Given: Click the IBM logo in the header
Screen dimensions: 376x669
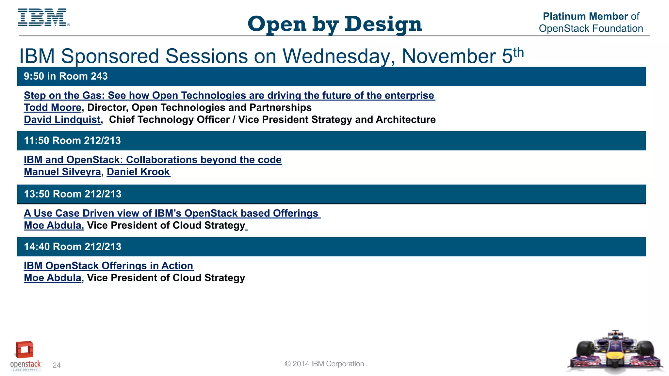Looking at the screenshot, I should coord(43,18).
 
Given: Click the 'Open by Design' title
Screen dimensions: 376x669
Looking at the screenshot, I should coord(334,24).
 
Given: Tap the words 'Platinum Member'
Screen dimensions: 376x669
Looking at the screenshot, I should coord(585,16).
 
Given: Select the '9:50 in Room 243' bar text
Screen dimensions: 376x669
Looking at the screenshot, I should coord(66,76).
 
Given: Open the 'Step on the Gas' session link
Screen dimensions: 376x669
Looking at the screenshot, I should coord(229,95).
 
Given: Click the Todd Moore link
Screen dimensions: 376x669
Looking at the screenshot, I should coord(53,107).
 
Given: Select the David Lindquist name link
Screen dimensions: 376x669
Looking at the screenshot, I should coord(62,119).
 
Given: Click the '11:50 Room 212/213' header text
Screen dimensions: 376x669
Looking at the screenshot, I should coord(72,141).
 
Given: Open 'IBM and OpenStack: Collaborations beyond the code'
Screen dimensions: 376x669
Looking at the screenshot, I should coord(153,160).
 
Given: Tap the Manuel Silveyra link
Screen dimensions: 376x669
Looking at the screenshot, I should coord(62,172).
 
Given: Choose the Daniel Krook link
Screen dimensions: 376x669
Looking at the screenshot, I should coord(138,172).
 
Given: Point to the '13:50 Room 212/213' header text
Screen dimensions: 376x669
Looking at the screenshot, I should coord(73,194).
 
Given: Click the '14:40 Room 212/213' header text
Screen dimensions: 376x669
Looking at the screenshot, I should coord(73,247).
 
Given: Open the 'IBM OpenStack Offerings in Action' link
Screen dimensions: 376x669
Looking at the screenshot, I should coord(108,266).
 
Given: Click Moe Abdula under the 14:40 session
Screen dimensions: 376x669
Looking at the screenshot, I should coord(53,278).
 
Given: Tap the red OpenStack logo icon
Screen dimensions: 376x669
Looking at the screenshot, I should coord(24,350).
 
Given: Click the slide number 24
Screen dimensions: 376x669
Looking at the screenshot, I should coord(57,365).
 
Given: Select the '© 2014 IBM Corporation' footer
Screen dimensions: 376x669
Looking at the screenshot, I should coord(324,364).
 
